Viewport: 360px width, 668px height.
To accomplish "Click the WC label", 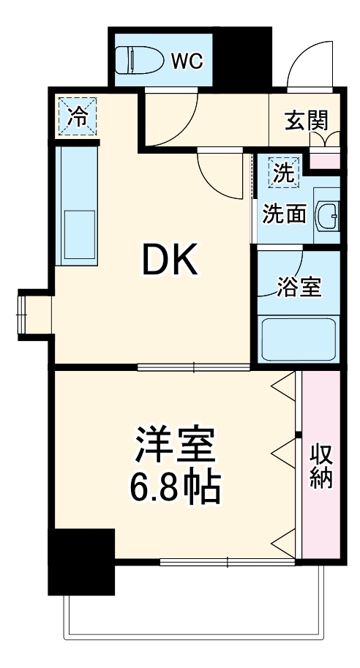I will point(187,61).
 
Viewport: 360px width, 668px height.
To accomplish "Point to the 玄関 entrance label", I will point(306,119).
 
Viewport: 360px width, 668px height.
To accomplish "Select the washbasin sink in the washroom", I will point(326,215).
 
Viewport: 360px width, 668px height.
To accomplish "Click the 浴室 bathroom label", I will point(299,288).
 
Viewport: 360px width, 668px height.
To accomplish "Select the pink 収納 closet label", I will point(321,465).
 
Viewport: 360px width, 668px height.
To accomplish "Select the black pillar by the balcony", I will point(81,562).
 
